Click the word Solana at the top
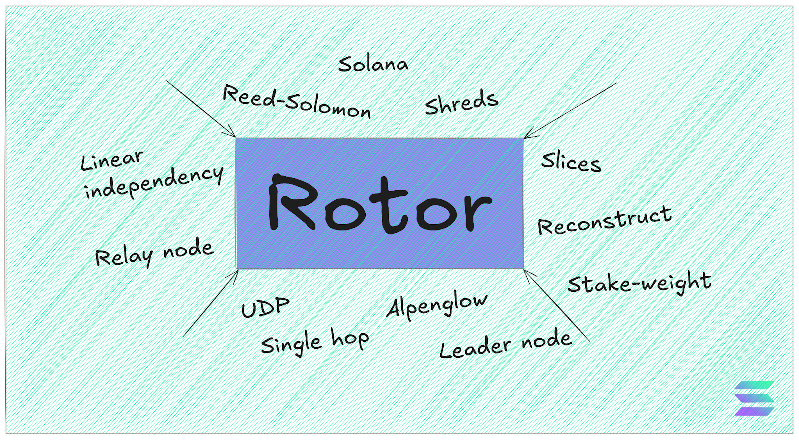click(x=373, y=64)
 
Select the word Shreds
click(x=461, y=103)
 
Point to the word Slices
click(x=571, y=162)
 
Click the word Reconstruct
click(x=604, y=220)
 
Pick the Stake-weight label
click(x=639, y=283)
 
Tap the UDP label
click(x=265, y=307)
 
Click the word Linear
click(x=112, y=160)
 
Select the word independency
click(x=154, y=182)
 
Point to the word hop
click(x=350, y=340)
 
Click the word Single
click(x=291, y=344)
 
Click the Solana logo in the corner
click(x=754, y=398)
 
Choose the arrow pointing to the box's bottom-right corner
click(x=557, y=306)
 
